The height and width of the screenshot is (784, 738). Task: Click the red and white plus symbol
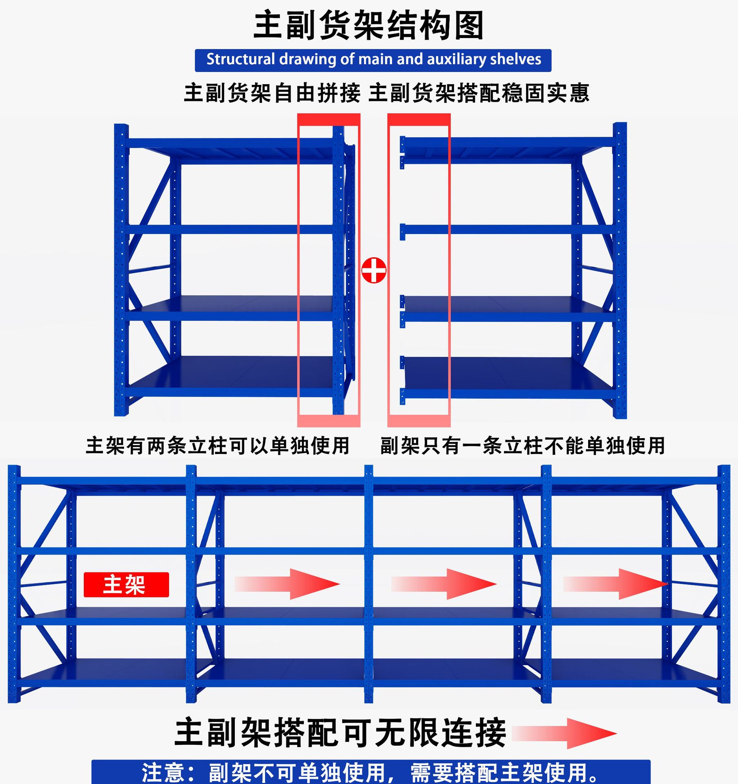click(x=373, y=270)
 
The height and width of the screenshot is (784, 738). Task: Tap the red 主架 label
click(x=126, y=584)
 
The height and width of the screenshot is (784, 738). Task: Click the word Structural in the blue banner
click(x=240, y=60)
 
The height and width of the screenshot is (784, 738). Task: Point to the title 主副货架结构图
click(x=368, y=26)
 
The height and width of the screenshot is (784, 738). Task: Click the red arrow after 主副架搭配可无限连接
click(x=564, y=734)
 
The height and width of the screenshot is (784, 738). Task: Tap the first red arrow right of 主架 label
click(x=287, y=584)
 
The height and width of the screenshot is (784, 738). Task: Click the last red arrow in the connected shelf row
click(x=615, y=584)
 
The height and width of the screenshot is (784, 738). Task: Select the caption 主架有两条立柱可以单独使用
click(x=218, y=445)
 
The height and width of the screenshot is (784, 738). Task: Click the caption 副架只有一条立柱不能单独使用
click(x=522, y=445)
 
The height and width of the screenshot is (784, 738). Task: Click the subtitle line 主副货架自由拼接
click(x=272, y=93)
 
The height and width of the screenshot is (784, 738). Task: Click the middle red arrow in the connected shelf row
click(x=444, y=584)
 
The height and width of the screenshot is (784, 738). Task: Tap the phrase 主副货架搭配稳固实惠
click(x=479, y=93)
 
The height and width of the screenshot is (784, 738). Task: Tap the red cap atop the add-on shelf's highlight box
click(x=419, y=119)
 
